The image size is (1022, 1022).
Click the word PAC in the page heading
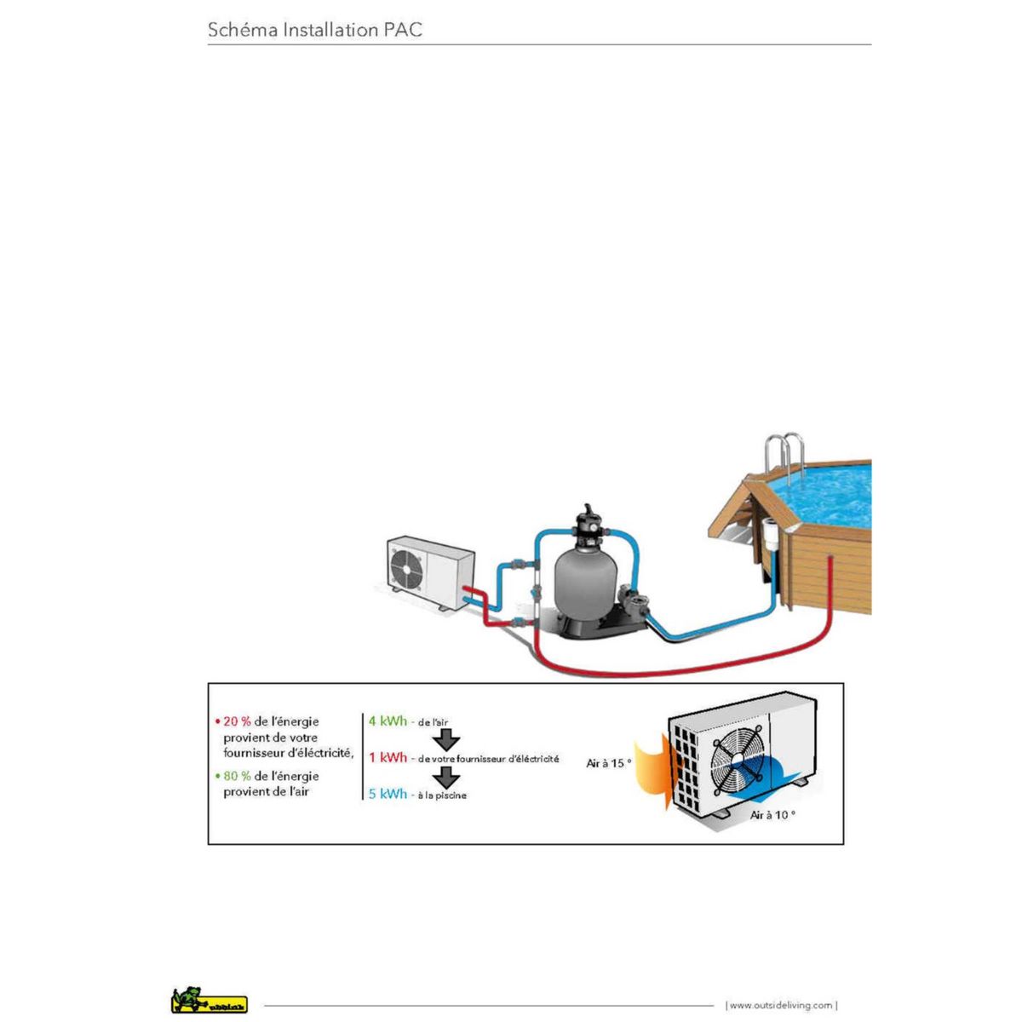tap(403, 31)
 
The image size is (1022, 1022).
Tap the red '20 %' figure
tap(237, 721)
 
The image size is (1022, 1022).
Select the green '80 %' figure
tap(237, 776)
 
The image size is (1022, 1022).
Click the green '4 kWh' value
tap(388, 721)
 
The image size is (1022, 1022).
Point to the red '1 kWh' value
tap(388, 757)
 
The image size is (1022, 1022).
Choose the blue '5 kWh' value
tap(388, 794)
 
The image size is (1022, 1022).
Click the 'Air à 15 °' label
tap(609, 763)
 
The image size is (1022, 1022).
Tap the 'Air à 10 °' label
tap(772, 815)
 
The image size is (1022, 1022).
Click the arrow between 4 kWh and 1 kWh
tap(447, 739)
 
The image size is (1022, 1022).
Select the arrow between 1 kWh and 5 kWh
tap(447, 776)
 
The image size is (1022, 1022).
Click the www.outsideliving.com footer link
tap(781, 1006)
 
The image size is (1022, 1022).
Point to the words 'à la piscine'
tap(442, 795)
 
